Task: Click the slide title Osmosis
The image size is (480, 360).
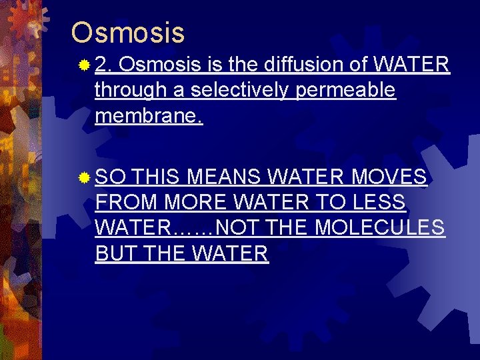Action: click(128, 32)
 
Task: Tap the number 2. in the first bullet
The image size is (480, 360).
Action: click(105, 65)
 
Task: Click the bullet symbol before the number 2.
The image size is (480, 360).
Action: click(83, 65)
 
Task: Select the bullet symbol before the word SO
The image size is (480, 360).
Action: click(83, 177)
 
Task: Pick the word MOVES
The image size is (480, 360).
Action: click(389, 177)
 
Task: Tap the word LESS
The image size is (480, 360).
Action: click(379, 203)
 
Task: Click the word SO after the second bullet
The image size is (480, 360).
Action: click(111, 177)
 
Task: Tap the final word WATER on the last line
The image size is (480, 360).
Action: click(229, 253)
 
